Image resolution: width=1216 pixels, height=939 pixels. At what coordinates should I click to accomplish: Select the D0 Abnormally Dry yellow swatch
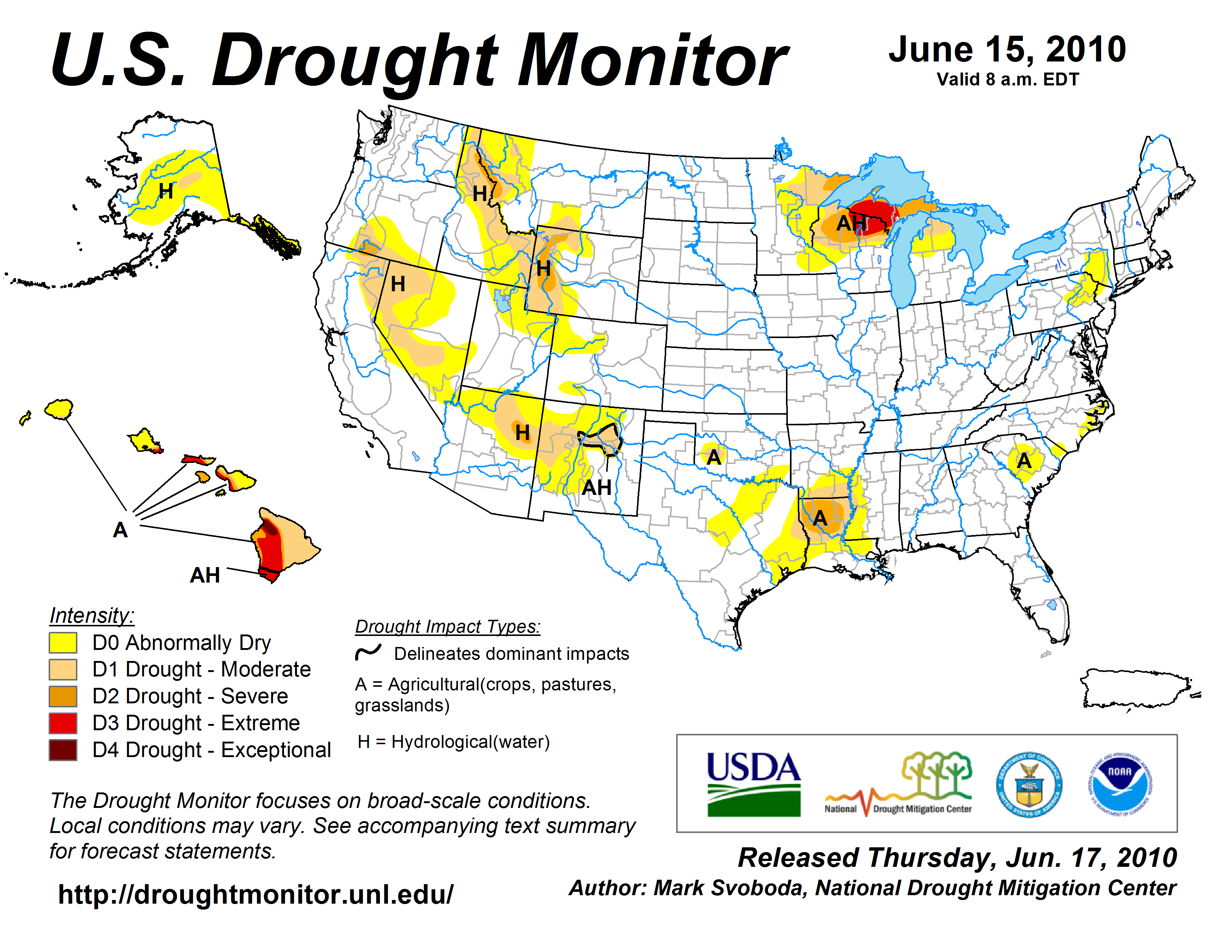[x=63, y=643]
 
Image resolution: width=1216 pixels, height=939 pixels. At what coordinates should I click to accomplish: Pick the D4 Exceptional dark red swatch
[x=63, y=750]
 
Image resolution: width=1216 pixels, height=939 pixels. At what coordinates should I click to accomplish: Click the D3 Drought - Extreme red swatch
[x=63, y=723]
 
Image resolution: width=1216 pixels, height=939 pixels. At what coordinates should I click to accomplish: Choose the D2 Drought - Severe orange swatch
[x=63, y=696]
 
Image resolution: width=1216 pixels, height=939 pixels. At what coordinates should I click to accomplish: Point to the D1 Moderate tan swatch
[x=63, y=670]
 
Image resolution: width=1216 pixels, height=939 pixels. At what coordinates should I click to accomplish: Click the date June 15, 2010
[x=1007, y=50]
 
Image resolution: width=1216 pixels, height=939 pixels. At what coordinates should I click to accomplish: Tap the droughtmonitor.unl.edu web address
[x=256, y=894]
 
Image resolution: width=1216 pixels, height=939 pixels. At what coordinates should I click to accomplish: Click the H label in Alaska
[x=166, y=191]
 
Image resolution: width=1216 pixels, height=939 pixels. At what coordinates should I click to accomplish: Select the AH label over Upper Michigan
[x=851, y=223]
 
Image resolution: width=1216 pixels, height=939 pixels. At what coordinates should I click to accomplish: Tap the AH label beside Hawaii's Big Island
[x=205, y=575]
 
